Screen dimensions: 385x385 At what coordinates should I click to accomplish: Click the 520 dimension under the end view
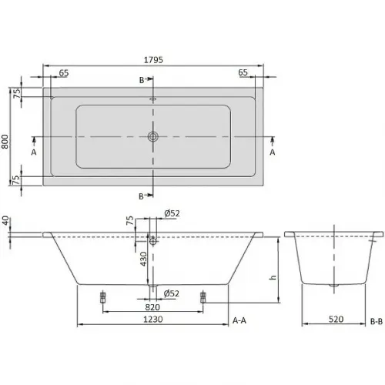pos(335,319)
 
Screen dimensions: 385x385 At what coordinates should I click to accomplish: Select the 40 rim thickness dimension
pos(6,222)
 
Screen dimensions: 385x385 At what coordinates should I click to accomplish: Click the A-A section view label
pos(239,319)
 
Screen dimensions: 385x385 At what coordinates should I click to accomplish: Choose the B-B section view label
pos(377,319)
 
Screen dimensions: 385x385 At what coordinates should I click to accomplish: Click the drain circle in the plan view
pos(153,137)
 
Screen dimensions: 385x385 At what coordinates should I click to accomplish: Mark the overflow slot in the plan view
pos(153,99)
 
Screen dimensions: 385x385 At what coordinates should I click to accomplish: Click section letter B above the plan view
pos(141,79)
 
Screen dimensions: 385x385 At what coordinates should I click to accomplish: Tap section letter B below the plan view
pos(141,196)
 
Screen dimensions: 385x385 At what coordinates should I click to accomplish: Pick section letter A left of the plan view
pos(35,152)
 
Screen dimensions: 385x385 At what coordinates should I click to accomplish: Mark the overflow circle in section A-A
pos(153,240)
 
